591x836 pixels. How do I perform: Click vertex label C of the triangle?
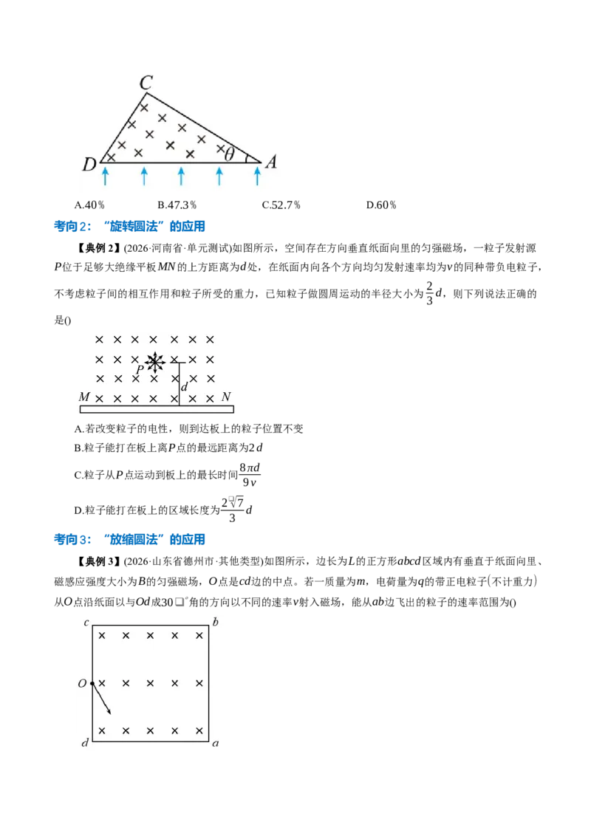point(146,83)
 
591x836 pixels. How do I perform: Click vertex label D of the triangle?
point(89,164)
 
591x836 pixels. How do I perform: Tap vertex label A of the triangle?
point(271,162)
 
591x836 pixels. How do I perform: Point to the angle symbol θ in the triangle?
point(229,154)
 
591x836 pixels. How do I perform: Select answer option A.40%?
point(89,205)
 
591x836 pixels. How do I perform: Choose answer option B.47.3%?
point(177,205)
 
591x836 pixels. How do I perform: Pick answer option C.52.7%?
point(281,205)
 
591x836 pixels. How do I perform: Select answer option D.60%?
point(381,205)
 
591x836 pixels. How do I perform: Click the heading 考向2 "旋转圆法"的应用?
point(129,226)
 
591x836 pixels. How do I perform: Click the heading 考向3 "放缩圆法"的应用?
point(129,539)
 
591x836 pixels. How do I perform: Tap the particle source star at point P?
point(154,363)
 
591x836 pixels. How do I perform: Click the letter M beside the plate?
point(84,397)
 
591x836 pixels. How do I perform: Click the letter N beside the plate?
point(226,397)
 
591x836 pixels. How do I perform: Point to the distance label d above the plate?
point(184,387)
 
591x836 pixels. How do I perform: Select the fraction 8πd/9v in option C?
point(250,475)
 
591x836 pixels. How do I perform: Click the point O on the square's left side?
point(92,683)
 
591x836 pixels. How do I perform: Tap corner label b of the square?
point(215,622)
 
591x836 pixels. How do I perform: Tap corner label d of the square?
point(85,742)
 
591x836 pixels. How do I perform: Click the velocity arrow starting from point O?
point(101,699)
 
